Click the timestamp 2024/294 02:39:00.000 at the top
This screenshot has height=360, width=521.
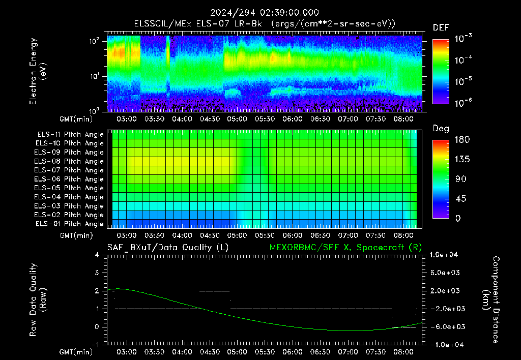(x=265, y=13)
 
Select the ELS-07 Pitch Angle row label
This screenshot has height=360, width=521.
(x=69, y=170)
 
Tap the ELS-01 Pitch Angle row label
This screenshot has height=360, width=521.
(x=70, y=224)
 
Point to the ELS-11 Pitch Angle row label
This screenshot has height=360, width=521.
(x=70, y=135)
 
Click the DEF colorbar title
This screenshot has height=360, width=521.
(x=441, y=27)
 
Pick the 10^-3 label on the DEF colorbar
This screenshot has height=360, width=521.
(x=463, y=39)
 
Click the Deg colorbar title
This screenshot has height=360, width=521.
(x=441, y=129)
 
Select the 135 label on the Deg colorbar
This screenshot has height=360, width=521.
(x=462, y=159)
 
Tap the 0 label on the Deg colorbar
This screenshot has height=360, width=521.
(x=458, y=218)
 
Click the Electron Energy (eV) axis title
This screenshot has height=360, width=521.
(x=38, y=71)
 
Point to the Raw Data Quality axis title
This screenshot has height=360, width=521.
(x=38, y=299)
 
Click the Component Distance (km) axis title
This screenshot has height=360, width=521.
(x=490, y=299)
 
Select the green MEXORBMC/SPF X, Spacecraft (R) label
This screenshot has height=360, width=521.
(x=345, y=248)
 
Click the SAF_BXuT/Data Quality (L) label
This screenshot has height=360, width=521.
(x=168, y=248)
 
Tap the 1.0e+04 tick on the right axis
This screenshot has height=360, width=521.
(x=444, y=255)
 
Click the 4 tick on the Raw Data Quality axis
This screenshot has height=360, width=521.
(x=97, y=255)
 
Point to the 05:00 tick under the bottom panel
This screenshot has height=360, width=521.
(x=237, y=352)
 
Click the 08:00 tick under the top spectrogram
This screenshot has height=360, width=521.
(x=403, y=119)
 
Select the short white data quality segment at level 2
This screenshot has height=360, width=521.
(x=215, y=291)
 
